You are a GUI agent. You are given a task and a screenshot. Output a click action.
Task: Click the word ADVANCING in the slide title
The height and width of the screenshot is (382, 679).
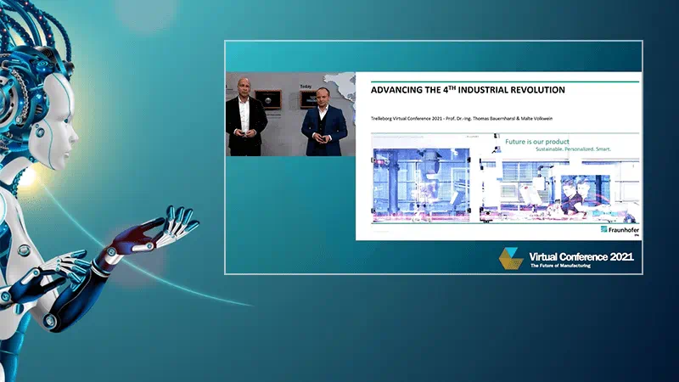point(396,90)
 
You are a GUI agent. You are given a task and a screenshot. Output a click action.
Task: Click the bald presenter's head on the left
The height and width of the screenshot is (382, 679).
point(244,86)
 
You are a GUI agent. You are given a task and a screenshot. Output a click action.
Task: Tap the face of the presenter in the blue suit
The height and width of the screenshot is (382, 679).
point(323,97)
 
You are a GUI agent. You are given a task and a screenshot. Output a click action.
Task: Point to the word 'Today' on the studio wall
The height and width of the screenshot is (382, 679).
point(306,86)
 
